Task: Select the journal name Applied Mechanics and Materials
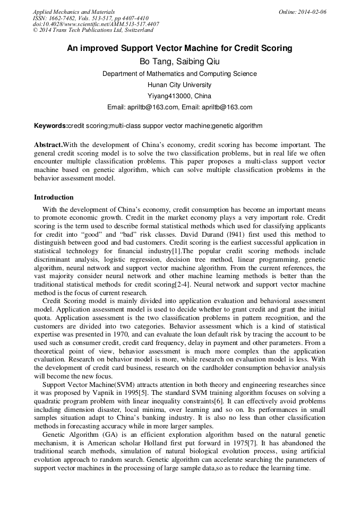pos(73,12)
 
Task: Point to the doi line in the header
pos(96,24)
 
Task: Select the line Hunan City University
pos(179,85)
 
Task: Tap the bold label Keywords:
pos(50,126)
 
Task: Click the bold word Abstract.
pos(48,145)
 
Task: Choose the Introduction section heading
pos(54,197)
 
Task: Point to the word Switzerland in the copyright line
pos(138,30)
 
